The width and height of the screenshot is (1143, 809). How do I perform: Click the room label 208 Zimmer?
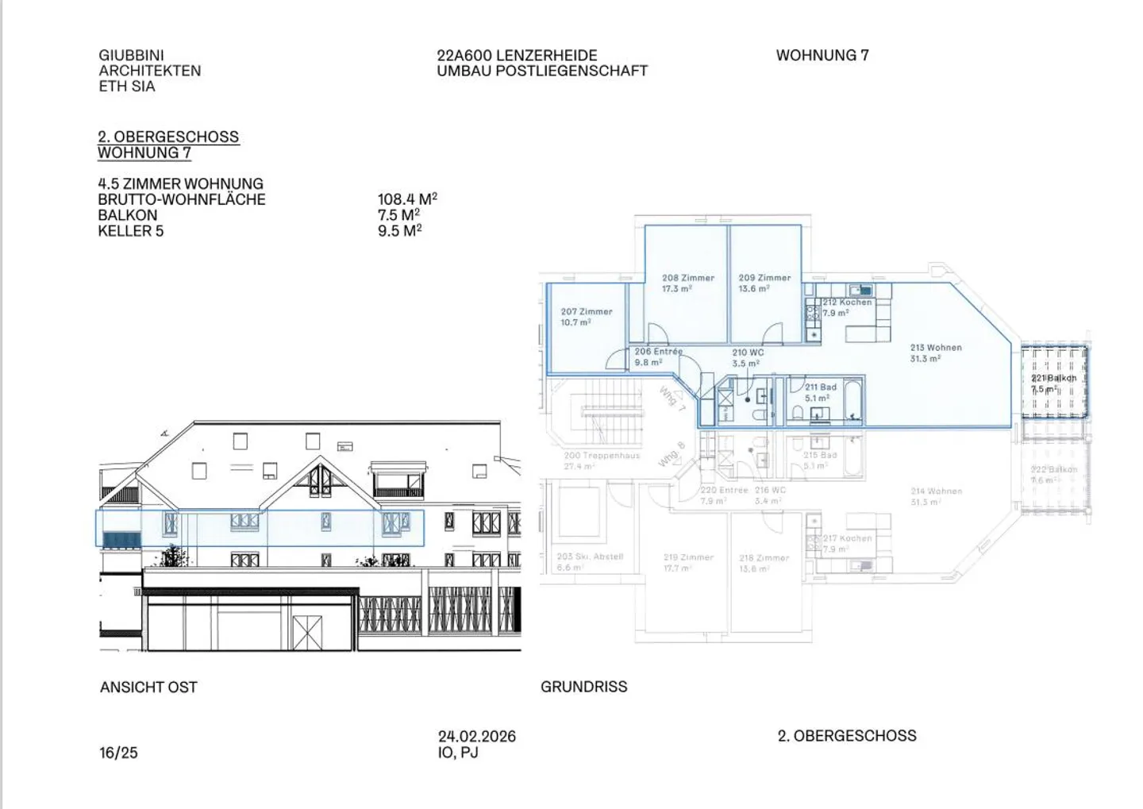coord(688,279)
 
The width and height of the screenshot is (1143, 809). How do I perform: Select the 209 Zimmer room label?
coord(764,279)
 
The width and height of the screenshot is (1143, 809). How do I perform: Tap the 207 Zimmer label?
coord(587,312)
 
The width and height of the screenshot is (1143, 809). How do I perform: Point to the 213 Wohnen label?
coord(936,348)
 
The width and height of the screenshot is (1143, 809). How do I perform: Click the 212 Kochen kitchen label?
coord(847,302)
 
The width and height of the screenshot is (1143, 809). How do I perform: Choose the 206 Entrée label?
coord(658,352)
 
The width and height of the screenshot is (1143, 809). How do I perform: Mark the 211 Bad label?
coord(820,387)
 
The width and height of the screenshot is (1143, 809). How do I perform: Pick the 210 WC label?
coord(748,352)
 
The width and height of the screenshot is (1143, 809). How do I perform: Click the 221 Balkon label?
coord(1053,379)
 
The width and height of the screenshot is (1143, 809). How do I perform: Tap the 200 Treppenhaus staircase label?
coord(602,456)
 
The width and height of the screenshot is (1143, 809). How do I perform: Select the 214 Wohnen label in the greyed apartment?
coord(936,491)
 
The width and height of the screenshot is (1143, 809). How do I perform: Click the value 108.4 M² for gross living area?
coord(407,199)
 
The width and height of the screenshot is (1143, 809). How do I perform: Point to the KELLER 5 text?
coord(131,231)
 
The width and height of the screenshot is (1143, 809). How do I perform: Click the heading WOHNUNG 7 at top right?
coord(822,56)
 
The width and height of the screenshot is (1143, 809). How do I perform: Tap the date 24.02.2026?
coord(477,737)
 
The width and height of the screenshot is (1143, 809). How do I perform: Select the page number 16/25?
coord(118,753)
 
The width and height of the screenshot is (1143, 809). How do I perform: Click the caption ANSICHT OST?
coord(148,688)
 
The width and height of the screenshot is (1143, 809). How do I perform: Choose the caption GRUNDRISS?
coord(583,687)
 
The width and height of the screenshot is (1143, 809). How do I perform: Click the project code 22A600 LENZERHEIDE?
coord(517,56)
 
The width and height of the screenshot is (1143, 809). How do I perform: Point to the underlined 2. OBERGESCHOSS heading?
coord(168,137)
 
